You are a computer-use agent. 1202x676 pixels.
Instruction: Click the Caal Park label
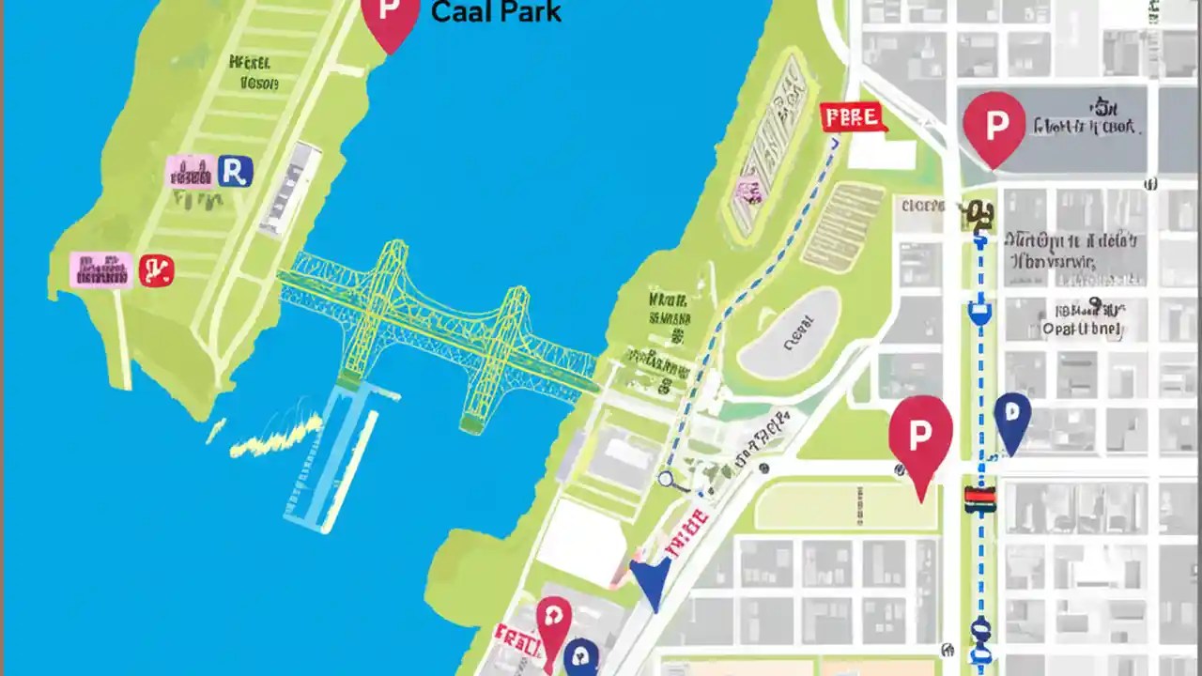pyautogui.click(x=495, y=12)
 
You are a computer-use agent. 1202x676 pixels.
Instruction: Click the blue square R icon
pyautogui.click(x=235, y=171)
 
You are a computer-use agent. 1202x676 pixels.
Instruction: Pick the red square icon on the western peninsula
pyautogui.click(x=156, y=270)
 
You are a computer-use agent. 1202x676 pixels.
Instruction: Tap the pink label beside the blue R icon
pyautogui.click(x=191, y=172)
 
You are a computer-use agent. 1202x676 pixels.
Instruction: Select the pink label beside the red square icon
pyautogui.click(x=100, y=269)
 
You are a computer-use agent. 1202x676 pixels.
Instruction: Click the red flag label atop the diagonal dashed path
pyautogui.click(x=853, y=117)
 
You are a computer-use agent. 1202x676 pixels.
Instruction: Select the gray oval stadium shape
pyautogui.click(x=789, y=333)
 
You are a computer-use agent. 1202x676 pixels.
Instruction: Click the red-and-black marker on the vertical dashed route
pyautogui.click(x=979, y=499)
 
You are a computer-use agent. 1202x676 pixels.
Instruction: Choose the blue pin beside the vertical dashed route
pyautogui.click(x=1011, y=420)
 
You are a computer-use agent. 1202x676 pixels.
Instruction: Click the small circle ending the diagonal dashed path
pyautogui.click(x=667, y=479)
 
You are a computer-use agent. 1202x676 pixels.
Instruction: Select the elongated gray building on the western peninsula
pyautogui.click(x=290, y=188)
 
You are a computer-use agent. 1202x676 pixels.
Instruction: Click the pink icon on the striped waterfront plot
pyautogui.click(x=748, y=191)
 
